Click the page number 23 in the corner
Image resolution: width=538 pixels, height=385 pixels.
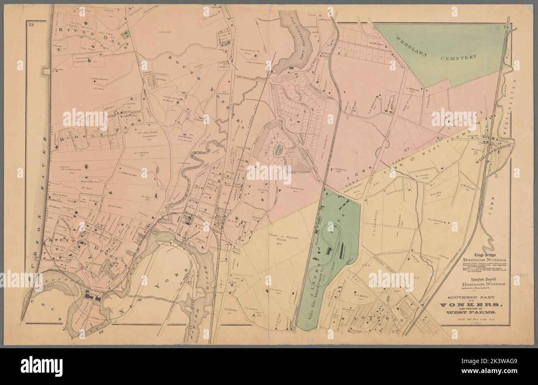tap(31, 27)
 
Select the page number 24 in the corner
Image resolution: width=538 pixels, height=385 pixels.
tap(505, 27)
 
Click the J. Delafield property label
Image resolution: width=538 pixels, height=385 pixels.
tap(166, 31)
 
